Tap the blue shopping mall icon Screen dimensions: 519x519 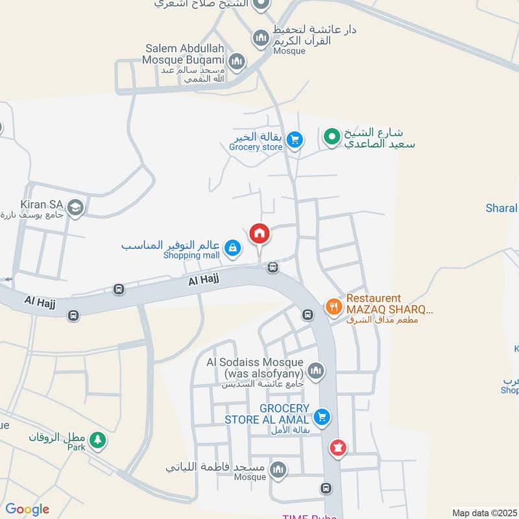[x=232, y=247]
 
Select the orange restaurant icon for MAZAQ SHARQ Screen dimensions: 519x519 [x=333, y=306]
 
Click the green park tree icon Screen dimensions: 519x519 [x=98, y=440]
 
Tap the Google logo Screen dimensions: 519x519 [x=27, y=509]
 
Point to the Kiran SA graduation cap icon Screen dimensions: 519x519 [x=75, y=208]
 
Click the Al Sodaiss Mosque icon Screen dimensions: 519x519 [x=315, y=370]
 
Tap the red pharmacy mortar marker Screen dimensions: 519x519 [x=337, y=447]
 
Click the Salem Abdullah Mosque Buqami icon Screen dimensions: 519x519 [x=237, y=62]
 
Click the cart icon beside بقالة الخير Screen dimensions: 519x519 [x=295, y=139]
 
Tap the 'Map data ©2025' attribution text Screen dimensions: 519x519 [x=484, y=513]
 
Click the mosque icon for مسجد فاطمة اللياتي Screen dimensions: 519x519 [x=278, y=469]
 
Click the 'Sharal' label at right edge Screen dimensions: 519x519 [x=501, y=208]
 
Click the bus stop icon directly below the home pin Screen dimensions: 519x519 [x=273, y=267]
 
